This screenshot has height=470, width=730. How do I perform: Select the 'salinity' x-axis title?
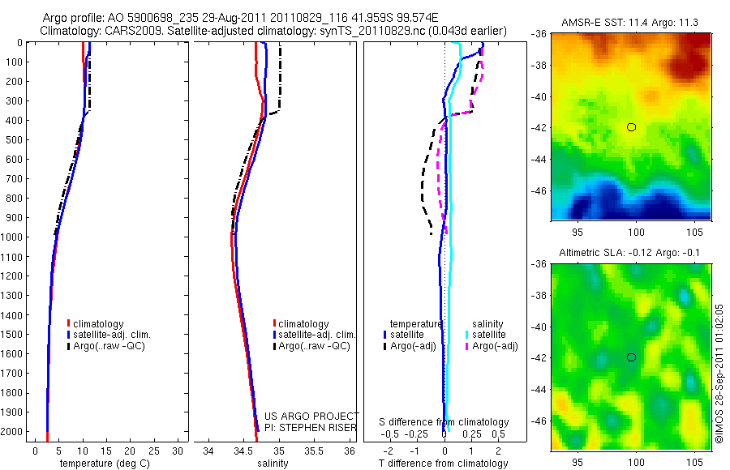[272, 464]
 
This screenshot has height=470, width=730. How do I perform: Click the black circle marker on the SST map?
[631, 127]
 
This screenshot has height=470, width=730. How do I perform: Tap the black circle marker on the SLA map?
[631, 357]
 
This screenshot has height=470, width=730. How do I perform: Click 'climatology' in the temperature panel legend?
[99, 324]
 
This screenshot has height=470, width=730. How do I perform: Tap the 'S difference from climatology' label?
[444, 422]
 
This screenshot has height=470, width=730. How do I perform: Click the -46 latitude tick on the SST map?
[540, 191]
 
